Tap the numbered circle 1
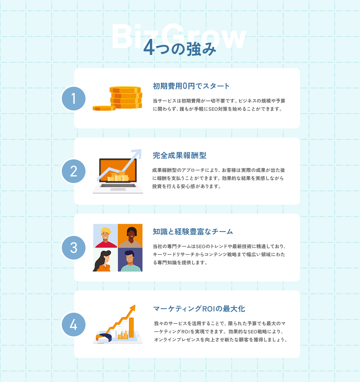pyautogui.click(x=73, y=98)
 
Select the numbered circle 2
pyautogui.click(x=73, y=171)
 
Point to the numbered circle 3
pyautogui.click(x=73, y=248)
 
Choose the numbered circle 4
pyautogui.click(x=73, y=325)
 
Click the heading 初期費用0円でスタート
pyautogui.click(x=191, y=86)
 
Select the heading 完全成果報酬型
pyautogui.click(x=179, y=155)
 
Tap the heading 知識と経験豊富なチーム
pyautogui.click(x=193, y=232)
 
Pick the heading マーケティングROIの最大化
pyautogui.click(x=199, y=309)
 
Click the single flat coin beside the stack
pyautogui.click(x=104, y=108)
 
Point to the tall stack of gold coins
pyautogui.click(x=126, y=98)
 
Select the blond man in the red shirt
pyautogui.click(x=105, y=236)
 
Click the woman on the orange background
pyautogui.click(x=130, y=236)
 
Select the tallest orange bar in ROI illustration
pyautogui.click(x=131, y=327)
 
